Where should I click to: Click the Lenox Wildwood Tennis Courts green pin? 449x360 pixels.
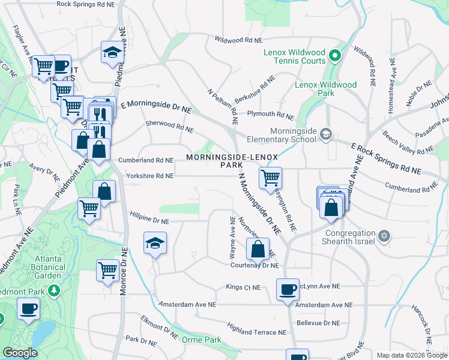pos(335,58)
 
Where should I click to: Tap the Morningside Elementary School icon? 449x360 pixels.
pos(325,133)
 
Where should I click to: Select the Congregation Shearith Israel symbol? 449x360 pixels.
pos(384,233)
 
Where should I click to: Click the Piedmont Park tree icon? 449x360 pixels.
pos(55,290)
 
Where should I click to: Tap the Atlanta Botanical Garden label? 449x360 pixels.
pos(32,277)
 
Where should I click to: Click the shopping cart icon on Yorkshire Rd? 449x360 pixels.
pos(270,176)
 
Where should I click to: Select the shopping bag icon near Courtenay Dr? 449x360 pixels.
pos(258,247)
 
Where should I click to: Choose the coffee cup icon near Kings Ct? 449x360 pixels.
pos(288,289)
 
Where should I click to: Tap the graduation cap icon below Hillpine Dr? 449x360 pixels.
pos(155,243)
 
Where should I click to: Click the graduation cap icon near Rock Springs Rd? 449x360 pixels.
pos(112,52)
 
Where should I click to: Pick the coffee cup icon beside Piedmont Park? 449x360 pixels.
pos(28,308)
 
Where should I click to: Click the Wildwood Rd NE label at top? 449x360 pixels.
pos(239,40)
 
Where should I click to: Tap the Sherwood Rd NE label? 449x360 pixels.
pos(170,127)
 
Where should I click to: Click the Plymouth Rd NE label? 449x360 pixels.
pos(270,115)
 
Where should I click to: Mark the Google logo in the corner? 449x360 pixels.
pos(20,353)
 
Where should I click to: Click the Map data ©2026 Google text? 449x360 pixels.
pos(412,355)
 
